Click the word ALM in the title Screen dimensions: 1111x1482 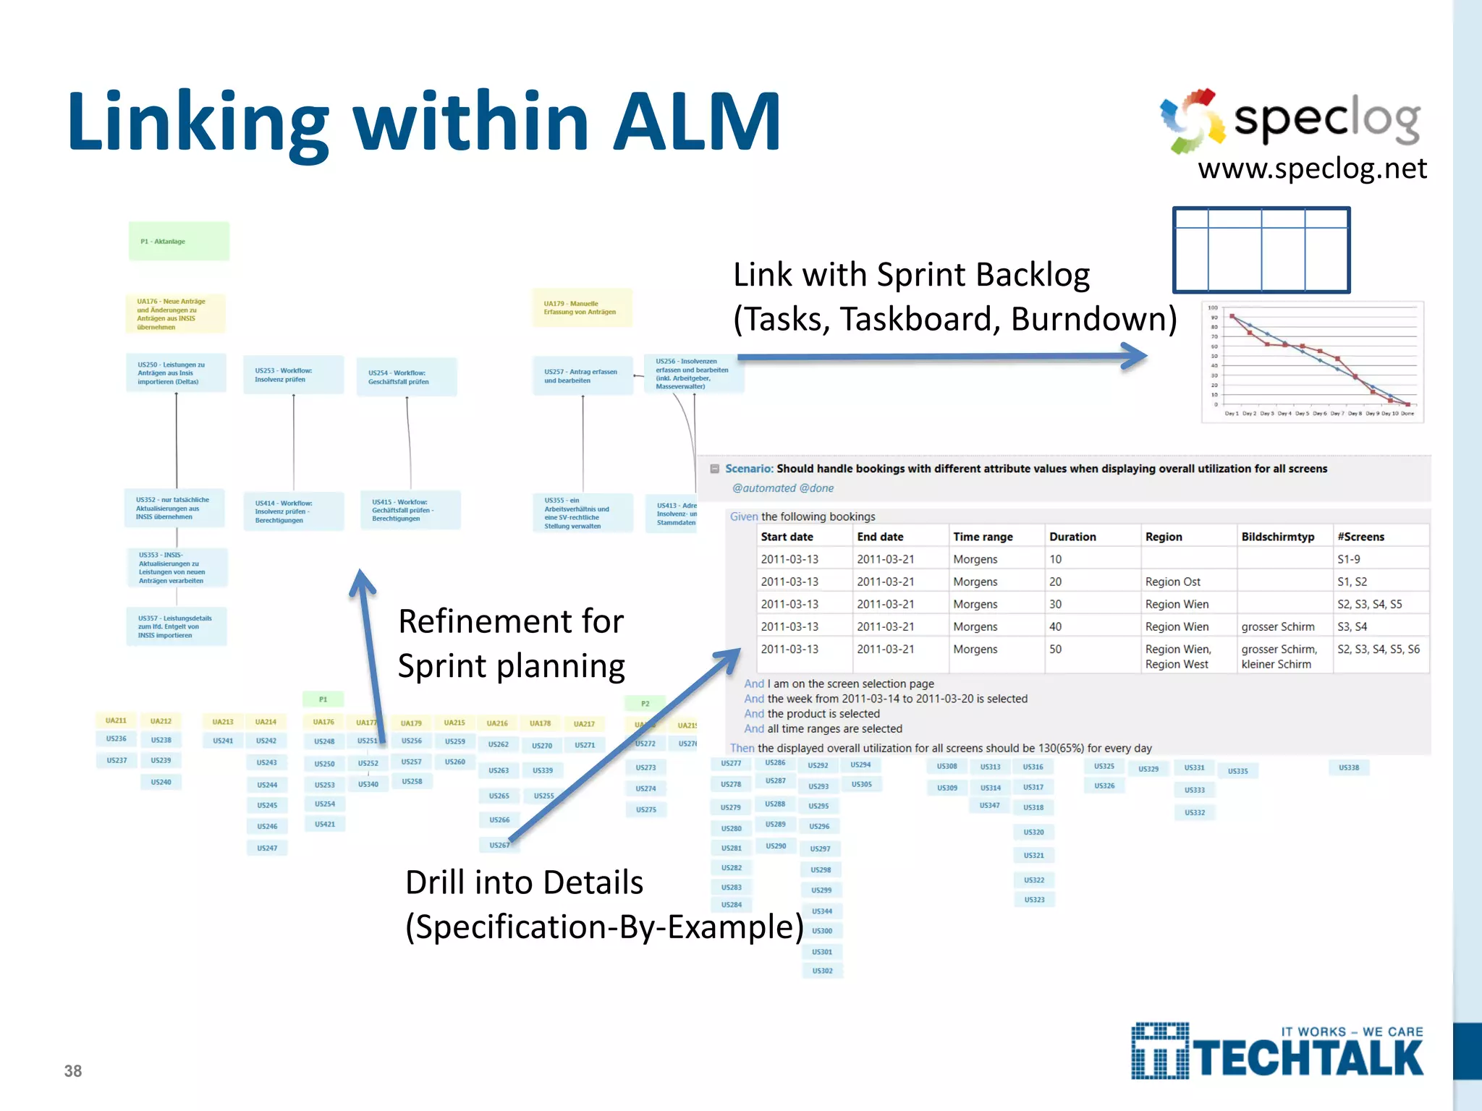click(696, 122)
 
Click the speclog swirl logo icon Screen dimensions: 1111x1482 click(1192, 121)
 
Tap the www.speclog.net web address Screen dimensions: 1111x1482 click(1311, 169)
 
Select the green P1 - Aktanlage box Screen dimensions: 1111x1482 click(179, 242)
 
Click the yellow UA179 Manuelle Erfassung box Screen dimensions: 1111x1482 click(582, 308)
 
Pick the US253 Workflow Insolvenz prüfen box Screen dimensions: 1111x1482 click(293, 375)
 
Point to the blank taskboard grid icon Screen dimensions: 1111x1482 click(1261, 250)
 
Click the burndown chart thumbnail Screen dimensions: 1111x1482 click(1312, 362)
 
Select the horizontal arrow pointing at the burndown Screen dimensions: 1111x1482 click(941, 356)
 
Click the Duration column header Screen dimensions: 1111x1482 click(1072, 537)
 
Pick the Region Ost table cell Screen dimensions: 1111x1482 click(1172, 582)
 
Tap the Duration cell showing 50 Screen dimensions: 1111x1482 click(1056, 649)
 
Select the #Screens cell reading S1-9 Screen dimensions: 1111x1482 click(1348, 559)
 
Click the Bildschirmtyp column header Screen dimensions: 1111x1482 click(1277, 537)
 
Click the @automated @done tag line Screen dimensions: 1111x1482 click(783, 488)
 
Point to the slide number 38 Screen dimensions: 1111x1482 click(73, 1071)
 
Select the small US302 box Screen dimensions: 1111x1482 click(822, 971)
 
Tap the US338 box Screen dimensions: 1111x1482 click(1348, 767)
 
